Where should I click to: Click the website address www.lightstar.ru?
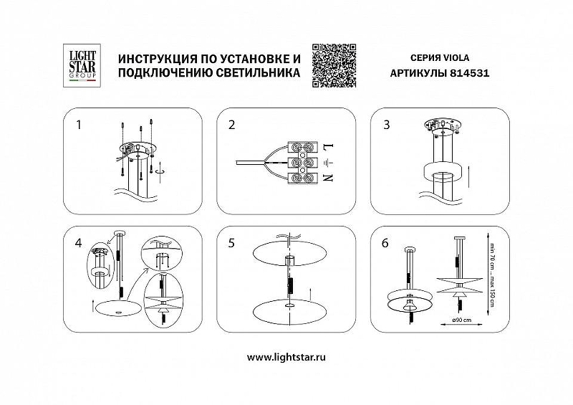click(x=286, y=357)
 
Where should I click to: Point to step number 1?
click(x=79, y=125)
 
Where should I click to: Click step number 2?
click(x=231, y=125)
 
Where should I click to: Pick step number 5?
click(x=231, y=242)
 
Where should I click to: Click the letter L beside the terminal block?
click(x=329, y=147)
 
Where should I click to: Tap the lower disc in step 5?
click(x=288, y=308)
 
